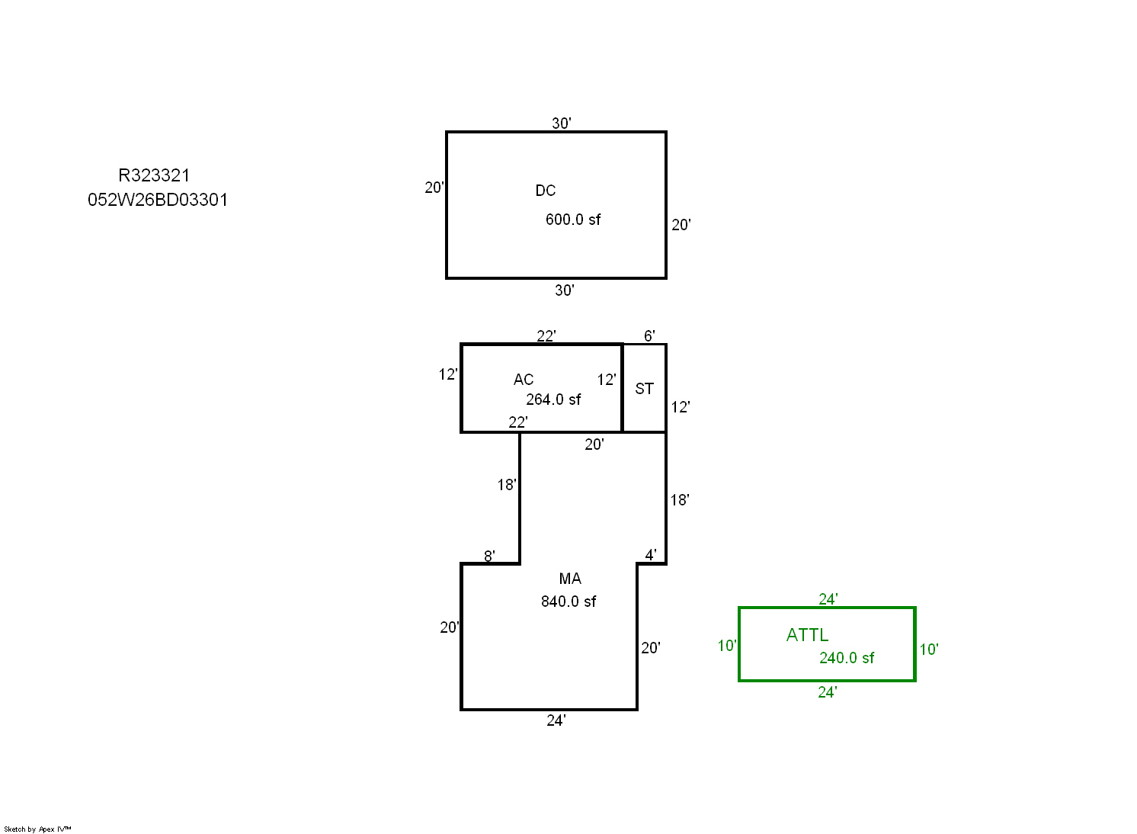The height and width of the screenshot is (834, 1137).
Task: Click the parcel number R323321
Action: pos(154,175)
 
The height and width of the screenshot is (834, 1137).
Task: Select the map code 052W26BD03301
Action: pos(158,200)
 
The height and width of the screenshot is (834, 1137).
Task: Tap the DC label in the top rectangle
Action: pos(546,191)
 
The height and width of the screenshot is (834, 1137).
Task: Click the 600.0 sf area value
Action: pos(573,220)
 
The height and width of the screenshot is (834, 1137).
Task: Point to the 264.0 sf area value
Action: pos(553,399)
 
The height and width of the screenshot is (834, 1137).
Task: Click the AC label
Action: pos(524,380)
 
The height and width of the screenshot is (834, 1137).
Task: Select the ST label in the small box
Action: pos(645,389)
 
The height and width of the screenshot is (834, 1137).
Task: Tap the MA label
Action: pos(570,579)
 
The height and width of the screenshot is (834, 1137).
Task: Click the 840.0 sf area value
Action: pos(568,601)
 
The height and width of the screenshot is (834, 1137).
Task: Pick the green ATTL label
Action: pos(808,635)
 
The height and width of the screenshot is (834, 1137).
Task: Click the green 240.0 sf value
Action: pos(847,658)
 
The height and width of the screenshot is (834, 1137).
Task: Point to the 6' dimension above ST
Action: pos(649,336)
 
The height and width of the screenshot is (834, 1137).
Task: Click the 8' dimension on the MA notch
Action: pos(489,556)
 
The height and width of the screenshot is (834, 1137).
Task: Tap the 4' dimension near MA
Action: pos(651,555)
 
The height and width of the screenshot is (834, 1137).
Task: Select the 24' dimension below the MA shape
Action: pos(556,720)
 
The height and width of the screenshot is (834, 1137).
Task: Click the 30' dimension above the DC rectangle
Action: pos(562,123)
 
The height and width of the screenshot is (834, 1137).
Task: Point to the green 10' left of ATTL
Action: pos(727,646)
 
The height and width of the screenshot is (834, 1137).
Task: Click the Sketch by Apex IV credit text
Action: pos(37,829)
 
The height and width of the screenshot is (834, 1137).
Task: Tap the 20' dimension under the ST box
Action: pos(594,444)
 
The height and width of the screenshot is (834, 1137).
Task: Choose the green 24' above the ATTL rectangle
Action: pos(828,599)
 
